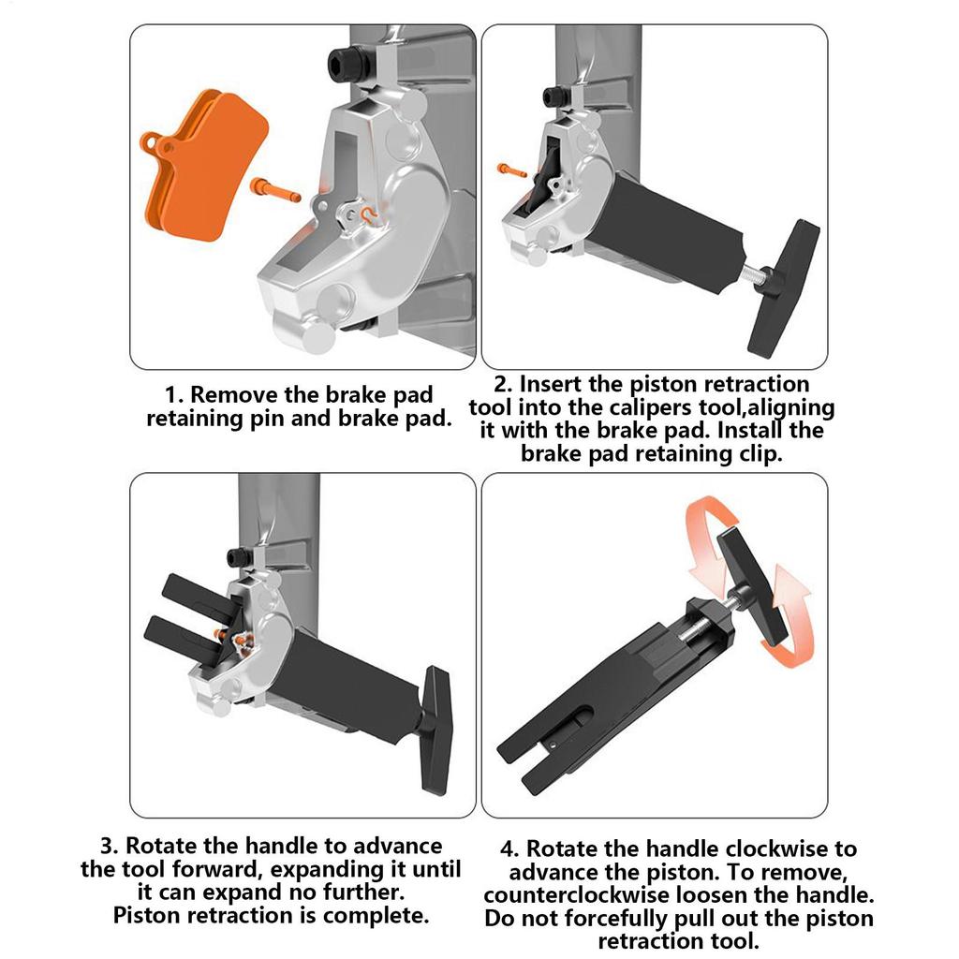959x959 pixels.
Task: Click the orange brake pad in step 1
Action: pyautogui.click(x=205, y=165)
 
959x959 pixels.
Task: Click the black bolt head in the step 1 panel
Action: pyautogui.click(x=345, y=61)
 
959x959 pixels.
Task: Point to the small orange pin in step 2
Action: pyautogui.click(x=512, y=170)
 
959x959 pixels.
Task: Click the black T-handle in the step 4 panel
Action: pyautogui.click(x=751, y=586)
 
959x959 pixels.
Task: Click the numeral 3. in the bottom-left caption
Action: pyautogui.click(x=110, y=846)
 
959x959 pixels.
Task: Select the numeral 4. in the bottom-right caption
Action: pyautogui.click(x=509, y=848)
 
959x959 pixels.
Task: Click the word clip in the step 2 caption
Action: pyautogui.click(x=760, y=454)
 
